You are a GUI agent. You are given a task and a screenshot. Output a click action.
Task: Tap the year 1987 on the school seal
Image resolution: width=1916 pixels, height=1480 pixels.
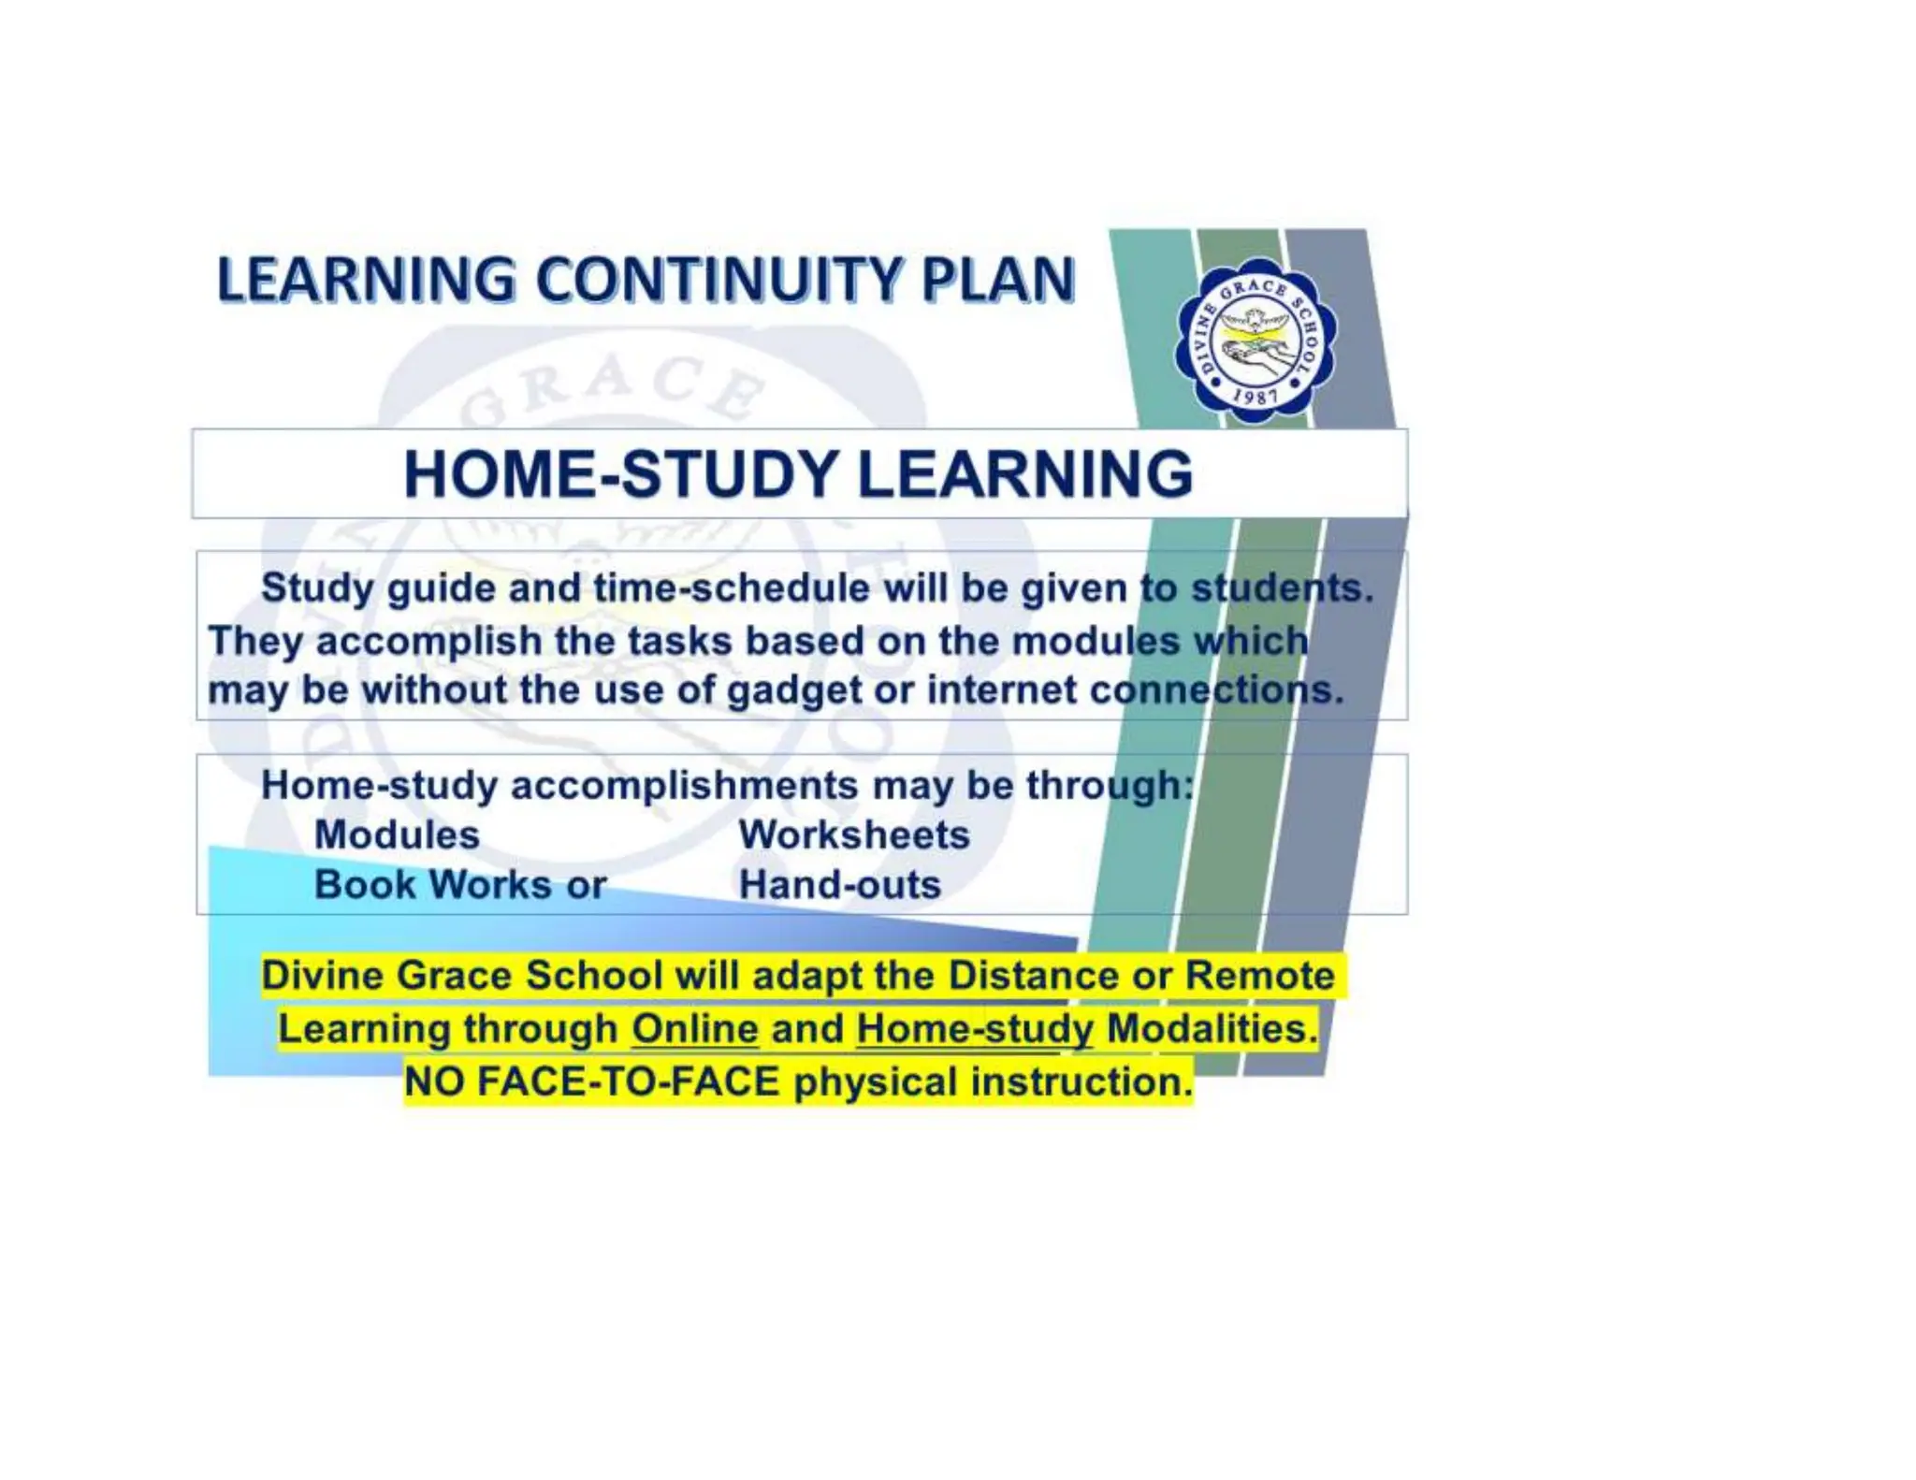point(1255,397)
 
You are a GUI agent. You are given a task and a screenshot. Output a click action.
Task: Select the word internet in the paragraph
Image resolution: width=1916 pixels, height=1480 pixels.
point(1002,690)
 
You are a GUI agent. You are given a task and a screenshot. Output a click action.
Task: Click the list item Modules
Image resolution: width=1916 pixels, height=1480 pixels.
point(397,834)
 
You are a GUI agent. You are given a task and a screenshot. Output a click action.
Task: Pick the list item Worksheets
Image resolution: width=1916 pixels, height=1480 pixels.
point(854,834)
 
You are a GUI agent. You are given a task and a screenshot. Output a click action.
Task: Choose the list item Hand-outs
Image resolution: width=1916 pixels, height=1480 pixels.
point(840,885)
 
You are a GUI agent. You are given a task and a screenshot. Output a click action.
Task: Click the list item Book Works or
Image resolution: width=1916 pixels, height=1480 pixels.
point(460,885)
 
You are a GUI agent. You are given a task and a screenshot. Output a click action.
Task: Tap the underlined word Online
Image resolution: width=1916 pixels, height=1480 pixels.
point(695,1029)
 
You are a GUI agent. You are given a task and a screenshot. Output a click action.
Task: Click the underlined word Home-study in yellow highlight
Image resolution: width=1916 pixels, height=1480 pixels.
point(975,1029)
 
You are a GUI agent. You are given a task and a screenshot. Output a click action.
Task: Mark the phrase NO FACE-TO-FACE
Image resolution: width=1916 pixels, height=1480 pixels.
point(592,1082)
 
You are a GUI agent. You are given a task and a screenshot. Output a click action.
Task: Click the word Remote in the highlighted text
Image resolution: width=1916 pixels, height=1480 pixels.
point(1260,976)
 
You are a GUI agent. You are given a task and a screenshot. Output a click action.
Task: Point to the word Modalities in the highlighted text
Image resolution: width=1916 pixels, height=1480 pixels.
point(1212,1029)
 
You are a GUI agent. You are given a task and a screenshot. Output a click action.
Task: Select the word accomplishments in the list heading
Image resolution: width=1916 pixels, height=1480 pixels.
point(684,785)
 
